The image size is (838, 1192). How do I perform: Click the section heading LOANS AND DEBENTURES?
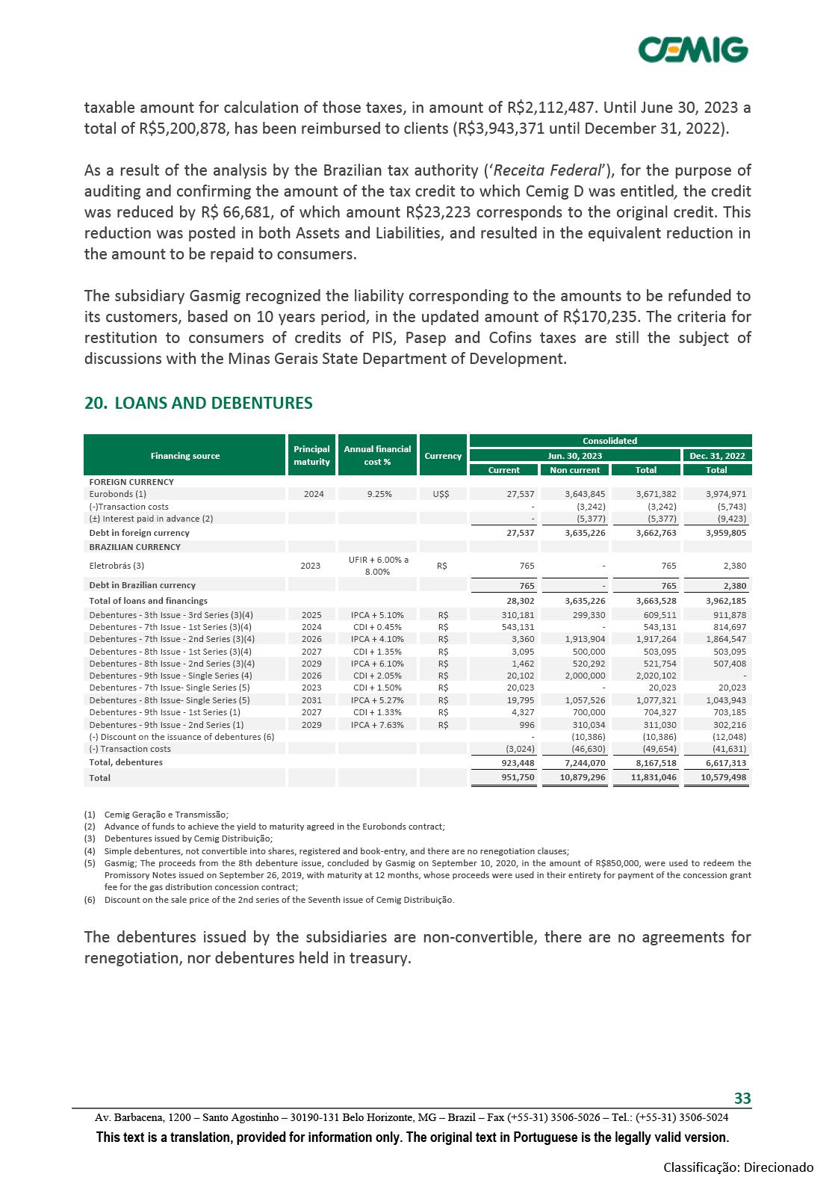(199, 404)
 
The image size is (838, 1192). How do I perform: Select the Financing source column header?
(185, 456)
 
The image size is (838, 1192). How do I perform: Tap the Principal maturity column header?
(311, 456)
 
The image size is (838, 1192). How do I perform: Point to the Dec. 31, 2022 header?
(716, 456)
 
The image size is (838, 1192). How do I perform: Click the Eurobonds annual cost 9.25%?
(377, 494)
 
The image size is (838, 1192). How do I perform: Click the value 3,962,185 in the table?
(716, 601)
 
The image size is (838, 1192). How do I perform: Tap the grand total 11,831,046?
(646, 778)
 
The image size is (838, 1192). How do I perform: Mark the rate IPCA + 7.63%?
(377, 725)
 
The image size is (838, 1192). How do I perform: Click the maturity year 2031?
(311, 700)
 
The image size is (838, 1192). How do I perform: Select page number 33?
(742, 1099)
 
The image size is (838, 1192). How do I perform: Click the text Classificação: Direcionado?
(739, 1167)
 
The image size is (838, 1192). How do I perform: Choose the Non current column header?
(574, 470)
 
